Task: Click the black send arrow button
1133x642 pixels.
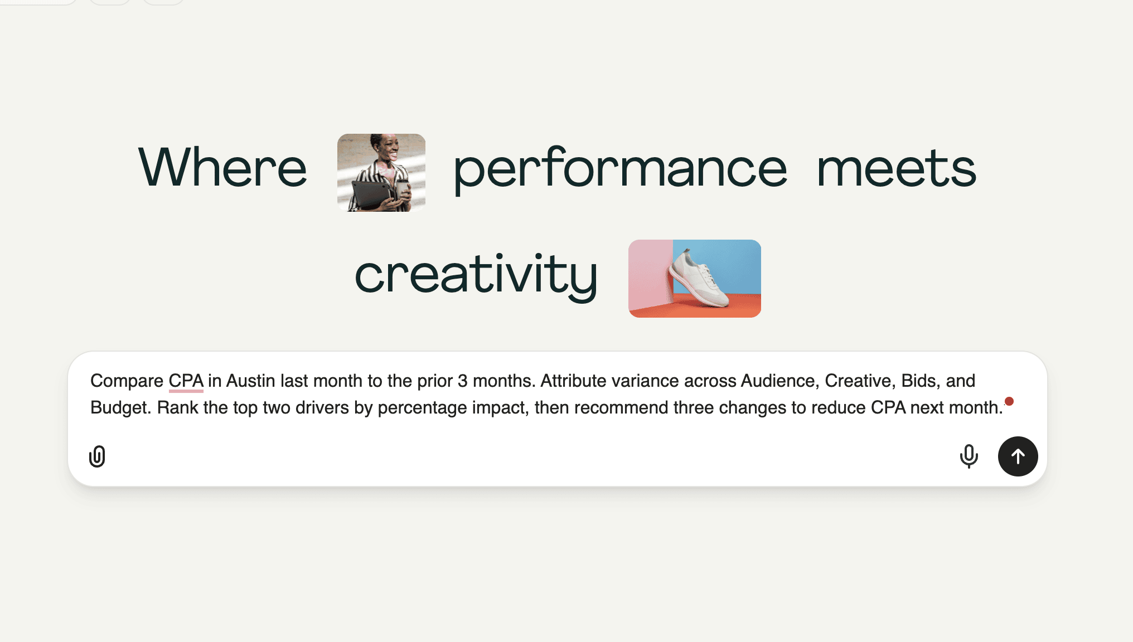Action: point(1018,456)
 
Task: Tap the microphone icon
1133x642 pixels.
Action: point(969,456)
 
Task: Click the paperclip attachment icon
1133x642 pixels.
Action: point(97,456)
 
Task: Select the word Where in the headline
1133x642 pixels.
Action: point(222,167)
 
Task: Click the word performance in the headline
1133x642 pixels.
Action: point(620,170)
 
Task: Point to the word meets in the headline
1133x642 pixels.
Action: point(897,168)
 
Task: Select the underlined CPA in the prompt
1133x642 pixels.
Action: point(186,381)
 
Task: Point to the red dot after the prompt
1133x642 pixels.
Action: point(1009,401)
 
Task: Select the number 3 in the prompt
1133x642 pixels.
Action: point(462,381)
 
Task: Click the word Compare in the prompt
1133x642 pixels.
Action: point(127,381)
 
